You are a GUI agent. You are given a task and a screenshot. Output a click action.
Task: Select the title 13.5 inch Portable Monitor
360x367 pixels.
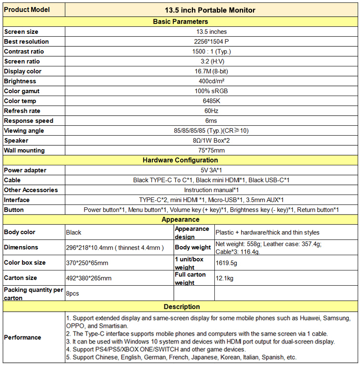pyautogui.click(x=211, y=10)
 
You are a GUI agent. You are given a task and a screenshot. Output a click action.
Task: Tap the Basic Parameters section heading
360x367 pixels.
pyautogui.click(x=180, y=22)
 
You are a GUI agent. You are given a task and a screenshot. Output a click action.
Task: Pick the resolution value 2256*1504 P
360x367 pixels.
pyautogui.click(x=211, y=42)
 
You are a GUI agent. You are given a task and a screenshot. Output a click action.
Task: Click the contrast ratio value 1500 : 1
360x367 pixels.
pyautogui.click(x=211, y=52)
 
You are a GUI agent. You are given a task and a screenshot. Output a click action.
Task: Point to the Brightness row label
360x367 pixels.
pyautogui.click(x=20, y=81)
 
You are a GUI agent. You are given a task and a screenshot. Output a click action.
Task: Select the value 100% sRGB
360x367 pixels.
pyautogui.click(x=211, y=91)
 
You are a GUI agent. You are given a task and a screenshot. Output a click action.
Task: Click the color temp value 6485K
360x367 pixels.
pyautogui.click(x=211, y=101)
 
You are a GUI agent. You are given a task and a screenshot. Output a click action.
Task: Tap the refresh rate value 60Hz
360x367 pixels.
pyautogui.click(x=211, y=111)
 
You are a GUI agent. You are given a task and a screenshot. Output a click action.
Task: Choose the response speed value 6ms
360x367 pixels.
pyautogui.click(x=211, y=121)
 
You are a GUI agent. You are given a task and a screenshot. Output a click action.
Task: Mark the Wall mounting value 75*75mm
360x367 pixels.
pyautogui.click(x=211, y=151)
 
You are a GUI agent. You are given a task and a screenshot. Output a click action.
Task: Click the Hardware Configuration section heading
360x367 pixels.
pyautogui.click(x=180, y=160)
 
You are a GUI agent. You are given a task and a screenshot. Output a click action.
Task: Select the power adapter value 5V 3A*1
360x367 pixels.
pyautogui.click(x=211, y=170)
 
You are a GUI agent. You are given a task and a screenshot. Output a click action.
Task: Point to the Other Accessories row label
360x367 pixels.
pyautogui.click(x=31, y=190)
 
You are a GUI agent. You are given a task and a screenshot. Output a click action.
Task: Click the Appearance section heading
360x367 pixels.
pyautogui.click(x=180, y=219)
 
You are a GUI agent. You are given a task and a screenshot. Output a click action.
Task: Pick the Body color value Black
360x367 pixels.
pyautogui.click(x=74, y=233)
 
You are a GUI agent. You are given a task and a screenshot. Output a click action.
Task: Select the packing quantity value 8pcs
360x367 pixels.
pyautogui.click(x=72, y=294)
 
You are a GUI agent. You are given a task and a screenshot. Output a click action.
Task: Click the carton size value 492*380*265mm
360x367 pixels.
pyautogui.click(x=89, y=278)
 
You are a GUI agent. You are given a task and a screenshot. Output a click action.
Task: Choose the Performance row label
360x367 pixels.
pyautogui.click(x=23, y=337)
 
